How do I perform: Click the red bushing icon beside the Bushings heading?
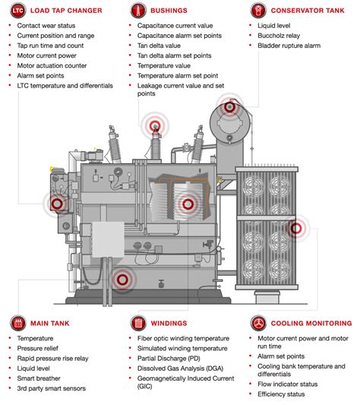pyautogui.click(x=138, y=11)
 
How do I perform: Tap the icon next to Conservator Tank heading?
pyautogui.click(x=258, y=11)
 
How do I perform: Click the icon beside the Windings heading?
pyautogui.click(x=138, y=322)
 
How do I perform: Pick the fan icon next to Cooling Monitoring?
pyautogui.click(x=258, y=322)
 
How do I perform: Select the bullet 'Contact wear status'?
pyautogui.click(x=46, y=26)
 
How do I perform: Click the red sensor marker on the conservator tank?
pyautogui.click(x=229, y=109)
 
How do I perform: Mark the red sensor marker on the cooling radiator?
pyautogui.click(x=298, y=226)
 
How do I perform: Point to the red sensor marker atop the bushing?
pyautogui.click(x=156, y=126)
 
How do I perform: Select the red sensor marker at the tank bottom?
pyautogui.click(x=121, y=281)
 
